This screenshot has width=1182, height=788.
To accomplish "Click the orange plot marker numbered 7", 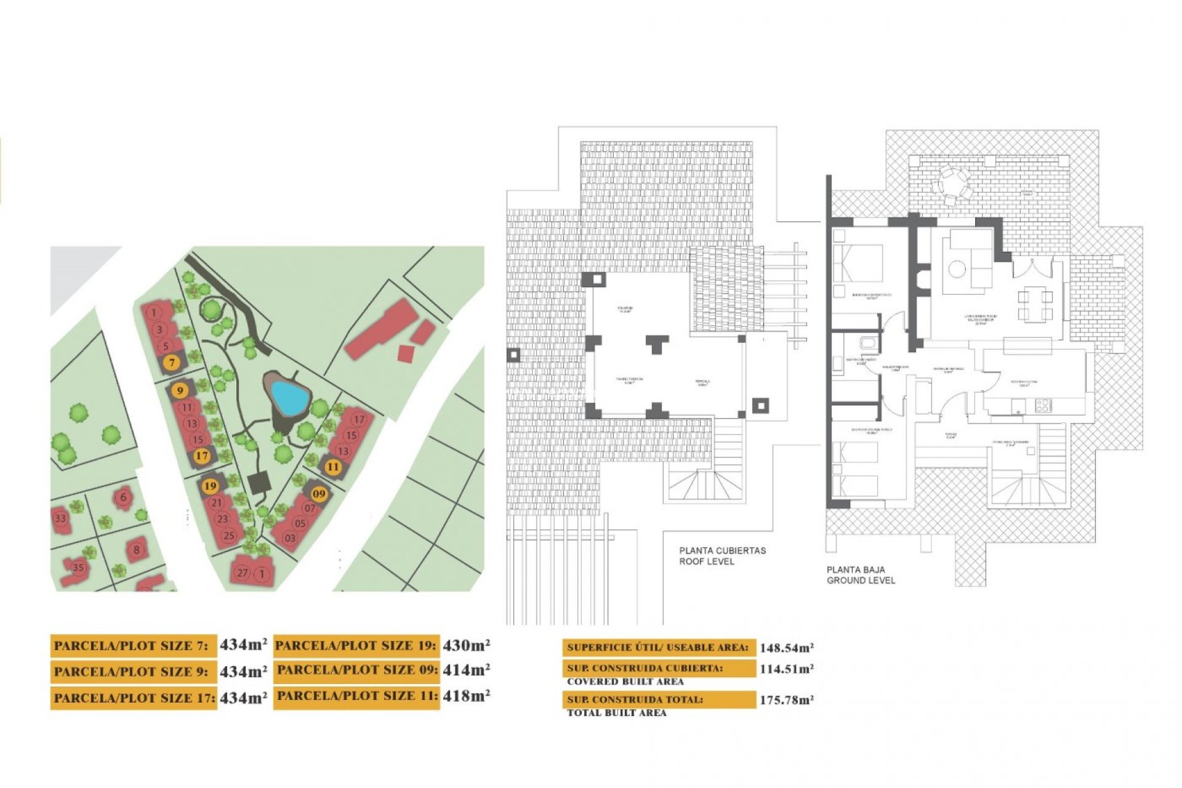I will [172, 363].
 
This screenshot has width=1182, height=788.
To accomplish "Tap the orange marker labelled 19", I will [211, 486].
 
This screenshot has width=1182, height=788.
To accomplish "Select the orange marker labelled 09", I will [319, 494].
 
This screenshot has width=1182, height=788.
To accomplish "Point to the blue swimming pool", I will [289, 397].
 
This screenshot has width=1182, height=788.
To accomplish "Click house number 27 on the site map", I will [243, 573].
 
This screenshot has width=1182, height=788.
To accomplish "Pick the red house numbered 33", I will [60, 518].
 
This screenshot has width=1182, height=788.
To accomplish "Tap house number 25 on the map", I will [229, 536].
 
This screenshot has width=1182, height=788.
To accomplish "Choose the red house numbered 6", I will [124, 497].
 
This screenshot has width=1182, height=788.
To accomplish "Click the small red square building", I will [406, 353].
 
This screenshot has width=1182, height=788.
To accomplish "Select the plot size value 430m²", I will [466, 645].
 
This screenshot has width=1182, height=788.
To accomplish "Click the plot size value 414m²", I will [466, 670].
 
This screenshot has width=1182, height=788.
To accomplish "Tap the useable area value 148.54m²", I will [786, 648].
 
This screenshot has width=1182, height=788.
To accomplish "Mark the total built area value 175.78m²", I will [786, 700].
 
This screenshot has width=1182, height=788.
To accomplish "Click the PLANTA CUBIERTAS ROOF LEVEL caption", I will [722, 556].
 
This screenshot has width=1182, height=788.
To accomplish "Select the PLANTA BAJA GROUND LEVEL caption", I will [861, 575].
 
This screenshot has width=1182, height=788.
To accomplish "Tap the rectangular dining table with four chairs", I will [1035, 305].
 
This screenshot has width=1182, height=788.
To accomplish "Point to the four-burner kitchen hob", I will [1043, 405].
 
